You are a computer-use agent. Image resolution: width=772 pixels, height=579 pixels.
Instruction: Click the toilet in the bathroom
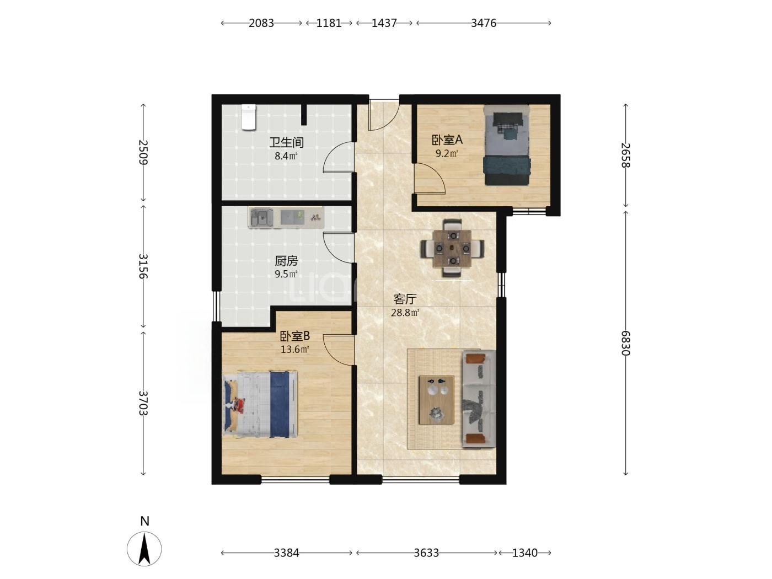coord(249,117)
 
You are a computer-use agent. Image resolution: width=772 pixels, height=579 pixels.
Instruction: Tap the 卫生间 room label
coord(286,143)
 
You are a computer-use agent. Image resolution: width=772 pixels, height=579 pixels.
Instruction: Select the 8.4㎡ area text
coord(286,156)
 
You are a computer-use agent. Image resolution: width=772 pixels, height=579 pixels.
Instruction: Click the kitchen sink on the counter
coord(261,218)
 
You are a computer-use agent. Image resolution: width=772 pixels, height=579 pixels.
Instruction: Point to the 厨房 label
coord(286,261)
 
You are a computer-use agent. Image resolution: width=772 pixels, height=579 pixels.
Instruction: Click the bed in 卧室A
coord(506,145)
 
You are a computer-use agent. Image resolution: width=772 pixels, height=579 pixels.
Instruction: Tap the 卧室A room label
coord(447,140)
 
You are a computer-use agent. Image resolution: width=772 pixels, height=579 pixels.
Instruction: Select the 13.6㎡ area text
coord(294,350)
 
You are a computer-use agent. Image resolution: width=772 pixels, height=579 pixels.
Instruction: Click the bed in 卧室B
coord(260,404)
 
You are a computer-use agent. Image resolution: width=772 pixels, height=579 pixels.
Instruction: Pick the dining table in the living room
coord(452,248)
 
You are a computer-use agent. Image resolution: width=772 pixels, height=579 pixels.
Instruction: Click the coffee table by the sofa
coord(436,400)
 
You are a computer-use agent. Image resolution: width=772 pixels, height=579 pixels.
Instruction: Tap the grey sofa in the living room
coord(479,399)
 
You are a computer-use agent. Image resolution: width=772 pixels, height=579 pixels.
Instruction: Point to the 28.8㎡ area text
coord(405,313)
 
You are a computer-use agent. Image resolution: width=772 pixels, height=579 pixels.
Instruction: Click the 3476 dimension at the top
coord(484,23)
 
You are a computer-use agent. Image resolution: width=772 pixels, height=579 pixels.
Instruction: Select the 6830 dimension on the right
coord(625,343)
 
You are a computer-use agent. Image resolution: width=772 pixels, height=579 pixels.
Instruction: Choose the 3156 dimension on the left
coord(143,266)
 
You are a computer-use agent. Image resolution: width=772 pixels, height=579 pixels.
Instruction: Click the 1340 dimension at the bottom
coord(525,553)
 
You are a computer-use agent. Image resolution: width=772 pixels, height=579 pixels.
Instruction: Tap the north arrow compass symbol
coord(144,549)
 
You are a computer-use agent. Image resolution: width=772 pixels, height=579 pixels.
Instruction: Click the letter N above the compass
coord(144,521)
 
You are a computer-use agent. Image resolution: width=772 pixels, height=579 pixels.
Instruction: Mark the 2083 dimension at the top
coord(261,23)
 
